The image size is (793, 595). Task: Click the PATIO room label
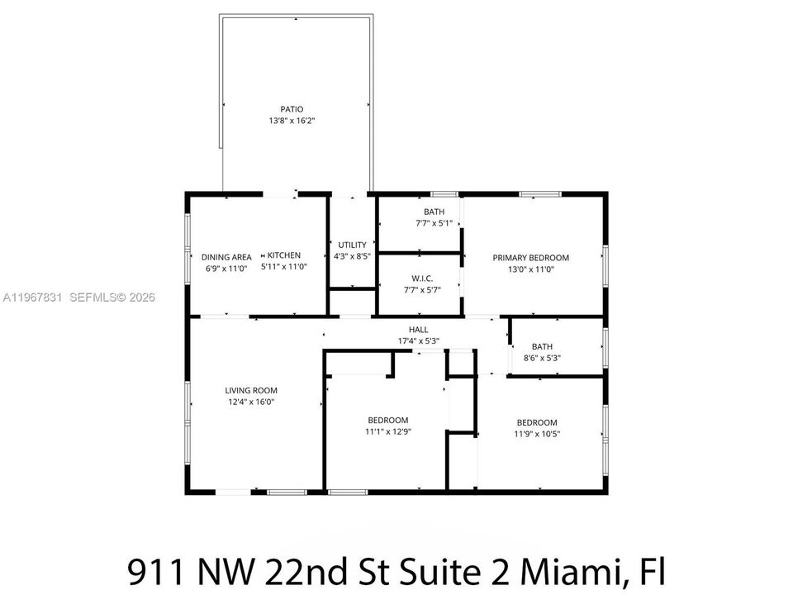[x=292, y=109]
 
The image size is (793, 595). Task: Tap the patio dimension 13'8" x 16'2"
[x=292, y=121]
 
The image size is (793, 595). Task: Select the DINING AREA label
[x=226, y=257]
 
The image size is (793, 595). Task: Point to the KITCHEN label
[x=283, y=255]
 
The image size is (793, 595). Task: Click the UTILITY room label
[x=352, y=245]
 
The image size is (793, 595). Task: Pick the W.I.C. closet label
[x=422, y=278]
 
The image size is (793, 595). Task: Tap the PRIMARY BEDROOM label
[x=531, y=258]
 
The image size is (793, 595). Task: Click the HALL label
[x=418, y=330]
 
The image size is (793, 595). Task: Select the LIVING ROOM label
[x=251, y=390]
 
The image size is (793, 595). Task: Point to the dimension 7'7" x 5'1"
[x=434, y=223]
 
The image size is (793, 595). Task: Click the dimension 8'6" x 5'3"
[x=542, y=358]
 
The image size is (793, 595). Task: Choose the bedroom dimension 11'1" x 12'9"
[x=388, y=431]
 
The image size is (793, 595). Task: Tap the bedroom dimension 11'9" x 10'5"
[x=537, y=434]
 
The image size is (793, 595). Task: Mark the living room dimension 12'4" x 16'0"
[x=251, y=402]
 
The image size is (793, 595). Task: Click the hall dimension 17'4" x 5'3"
[x=418, y=341]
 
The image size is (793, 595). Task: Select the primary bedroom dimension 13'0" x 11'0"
[x=531, y=269]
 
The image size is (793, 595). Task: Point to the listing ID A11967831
[x=32, y=297]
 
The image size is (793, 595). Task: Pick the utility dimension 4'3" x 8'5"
[x=352, y=256]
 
